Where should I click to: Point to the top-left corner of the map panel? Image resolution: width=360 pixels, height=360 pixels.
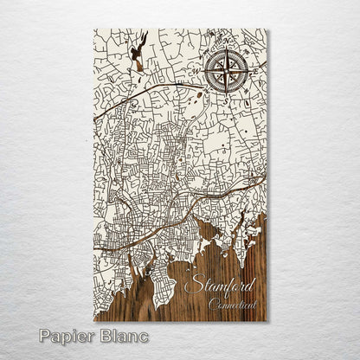coord(93,29)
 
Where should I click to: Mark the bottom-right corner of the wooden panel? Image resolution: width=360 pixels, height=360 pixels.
coord(267,321)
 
